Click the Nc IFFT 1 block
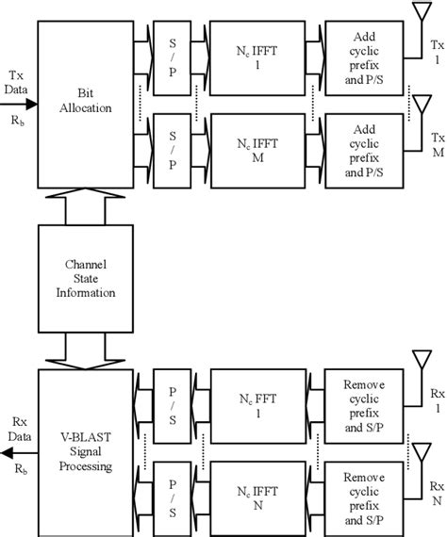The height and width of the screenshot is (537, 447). pyautogui.click(x=255, y=58)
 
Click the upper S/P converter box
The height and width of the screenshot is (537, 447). pyautogui.click(x=171, y=58)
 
